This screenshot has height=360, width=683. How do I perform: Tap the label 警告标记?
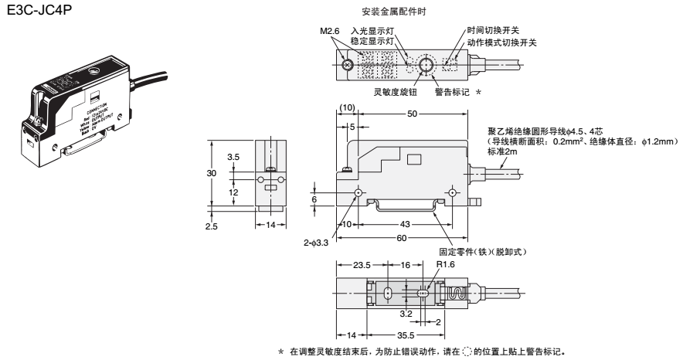[451, 90]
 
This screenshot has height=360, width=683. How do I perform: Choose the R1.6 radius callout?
[445, 265]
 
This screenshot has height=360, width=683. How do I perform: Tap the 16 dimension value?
[405, 264]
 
